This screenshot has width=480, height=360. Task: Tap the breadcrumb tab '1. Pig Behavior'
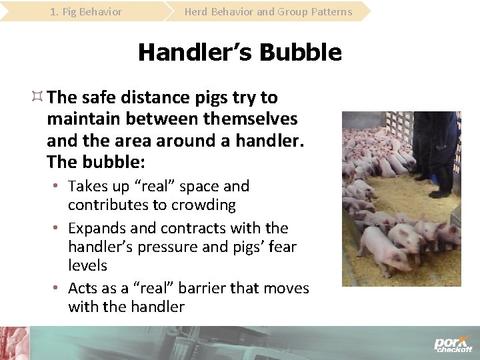pyautogui.click(x=86, y=11)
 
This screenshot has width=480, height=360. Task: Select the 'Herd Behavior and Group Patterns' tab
pyautogui.click(x=268, y=11)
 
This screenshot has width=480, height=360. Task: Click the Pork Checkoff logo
pyautogui.click(x=453, y=344)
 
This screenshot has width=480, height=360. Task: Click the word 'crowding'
pyautogui.click(x=204, y=205)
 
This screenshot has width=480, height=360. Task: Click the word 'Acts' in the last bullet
pyautogui.click(x=84, y=288)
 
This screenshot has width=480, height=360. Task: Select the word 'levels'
pyautogui.click(x=87, y=265)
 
